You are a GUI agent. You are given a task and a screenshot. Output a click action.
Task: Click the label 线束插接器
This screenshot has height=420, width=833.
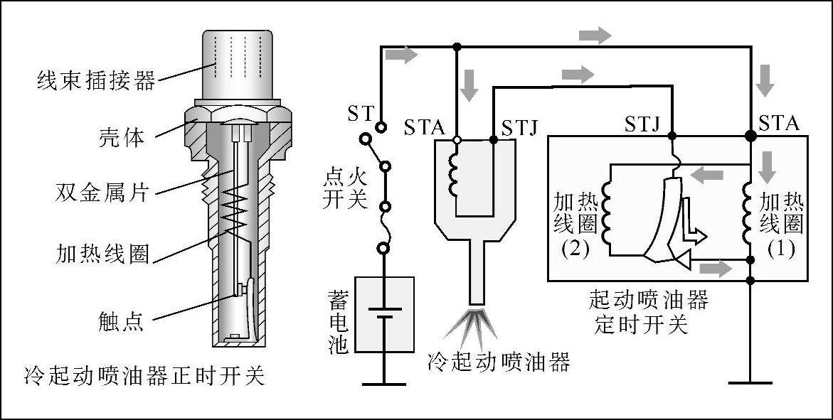(96, 80)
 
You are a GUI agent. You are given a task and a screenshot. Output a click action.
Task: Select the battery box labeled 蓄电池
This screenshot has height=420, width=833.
(384, 314)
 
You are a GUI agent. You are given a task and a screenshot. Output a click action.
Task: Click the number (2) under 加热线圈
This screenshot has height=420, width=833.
(575, 249)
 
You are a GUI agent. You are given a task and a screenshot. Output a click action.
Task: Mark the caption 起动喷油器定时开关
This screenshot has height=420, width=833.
(648, 312)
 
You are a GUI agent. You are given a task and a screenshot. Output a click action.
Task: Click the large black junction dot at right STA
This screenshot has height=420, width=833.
(750, 135)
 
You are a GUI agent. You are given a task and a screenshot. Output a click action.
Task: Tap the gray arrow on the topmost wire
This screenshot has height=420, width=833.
(595, 35)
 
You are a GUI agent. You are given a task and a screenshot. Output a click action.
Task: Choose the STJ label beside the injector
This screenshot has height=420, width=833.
(519, 128)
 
